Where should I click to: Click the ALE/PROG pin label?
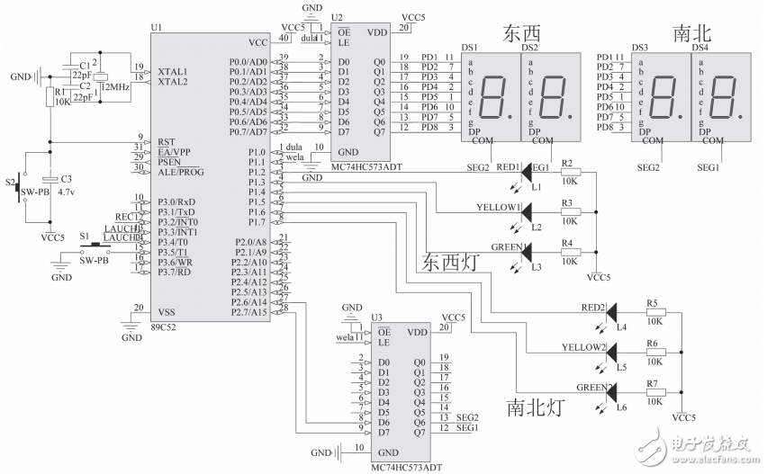pyautogui.click(x=183, y=170)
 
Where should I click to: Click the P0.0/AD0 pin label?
pyautogui.click(x=247, y=61)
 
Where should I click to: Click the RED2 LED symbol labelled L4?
pyautogui.click(x=613, y=311)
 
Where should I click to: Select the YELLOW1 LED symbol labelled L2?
pyautogui.click(x=528, y=210)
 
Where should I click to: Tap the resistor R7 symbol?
pyautogui.click(x=655, y=392)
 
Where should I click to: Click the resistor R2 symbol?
pyautogui.click(x=570, y=171)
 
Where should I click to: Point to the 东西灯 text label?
pyautogui.click(x=455, y=263)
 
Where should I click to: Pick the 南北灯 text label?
pyautogui.click(x=537, y=407)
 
